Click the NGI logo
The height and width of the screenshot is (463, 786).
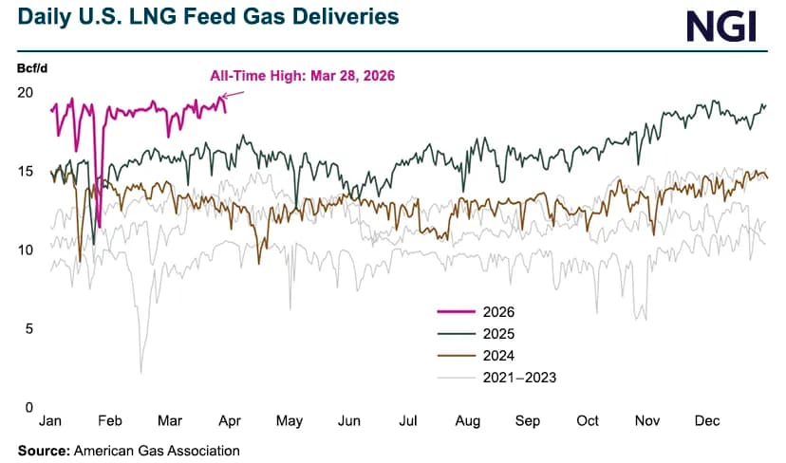click(720, 26)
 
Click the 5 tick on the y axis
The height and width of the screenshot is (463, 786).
click(28, 328)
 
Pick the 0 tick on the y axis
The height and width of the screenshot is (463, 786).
click(28, 407)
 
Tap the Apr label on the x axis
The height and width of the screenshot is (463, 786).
click(229, 420)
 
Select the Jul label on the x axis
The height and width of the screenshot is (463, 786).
click(408, 420)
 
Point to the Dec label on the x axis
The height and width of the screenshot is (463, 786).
click(707, 420)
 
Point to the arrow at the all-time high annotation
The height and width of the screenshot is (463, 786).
click(232, 93)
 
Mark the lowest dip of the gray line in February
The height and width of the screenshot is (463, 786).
click(141, 372)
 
